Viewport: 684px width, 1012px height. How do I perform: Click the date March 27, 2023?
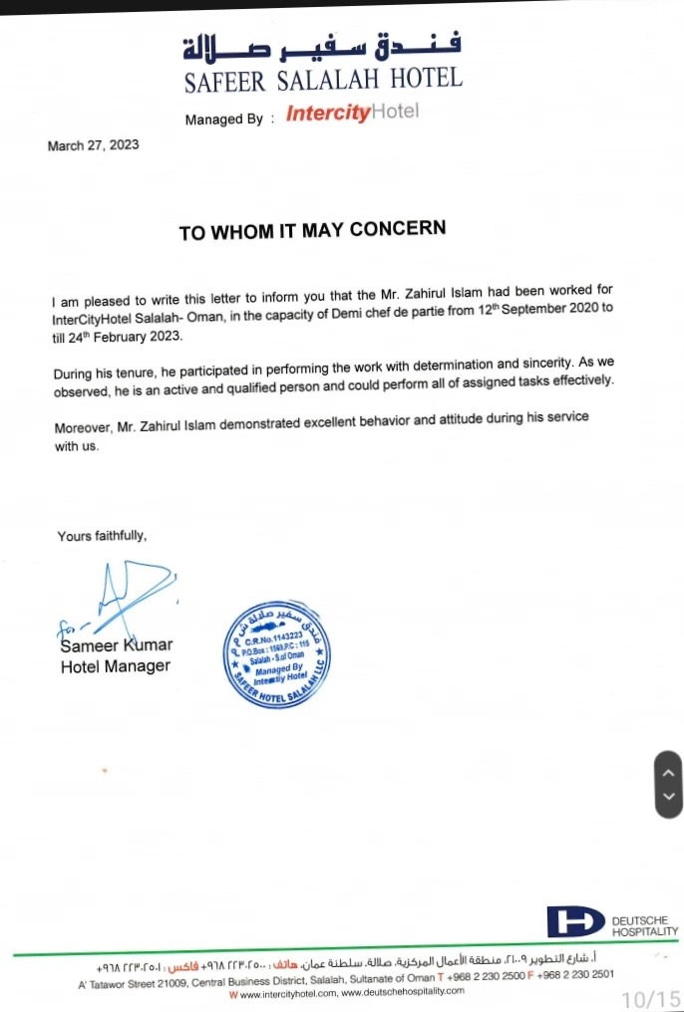click(x=93, y=145)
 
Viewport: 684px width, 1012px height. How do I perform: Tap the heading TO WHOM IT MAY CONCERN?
click(x=312, y=230)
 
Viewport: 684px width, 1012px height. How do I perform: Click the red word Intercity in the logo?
click(x=327, y=113)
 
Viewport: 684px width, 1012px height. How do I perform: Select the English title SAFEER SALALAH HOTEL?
click(x=323, y=80)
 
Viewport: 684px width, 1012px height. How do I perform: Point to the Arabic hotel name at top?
click(x=322, y=46)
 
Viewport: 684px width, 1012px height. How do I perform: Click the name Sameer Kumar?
click(x=116, y=645)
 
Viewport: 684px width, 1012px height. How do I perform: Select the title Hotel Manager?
click(x=115, y=666)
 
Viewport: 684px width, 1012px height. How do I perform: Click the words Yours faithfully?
click(x=102, y=536)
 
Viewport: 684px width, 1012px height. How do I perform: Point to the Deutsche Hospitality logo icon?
click(x=575, y=921)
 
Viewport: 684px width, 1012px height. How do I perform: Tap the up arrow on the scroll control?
click(x=668, y=771)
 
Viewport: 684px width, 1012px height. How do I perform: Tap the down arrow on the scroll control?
click(x=668, y=797)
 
